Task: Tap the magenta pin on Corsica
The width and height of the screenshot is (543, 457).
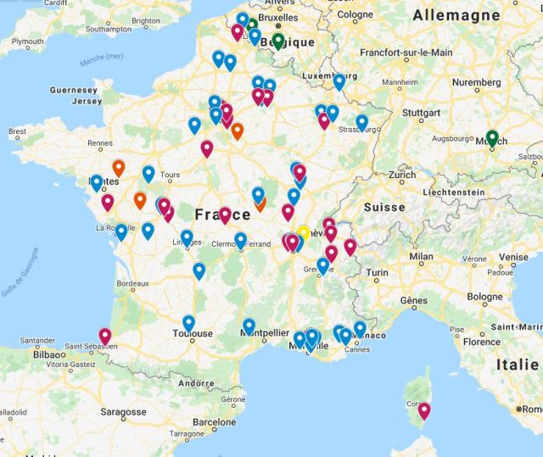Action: (424, 410)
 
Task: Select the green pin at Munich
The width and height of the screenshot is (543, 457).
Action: (492, 137)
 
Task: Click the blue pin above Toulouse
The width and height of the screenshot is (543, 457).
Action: (188, 322)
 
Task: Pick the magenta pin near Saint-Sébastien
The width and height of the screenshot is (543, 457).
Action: (105, 335)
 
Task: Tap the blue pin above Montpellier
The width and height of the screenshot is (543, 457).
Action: (249, 325)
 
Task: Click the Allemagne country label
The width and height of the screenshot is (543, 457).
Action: (456, 15)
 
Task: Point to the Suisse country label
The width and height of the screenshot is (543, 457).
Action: (385, 207)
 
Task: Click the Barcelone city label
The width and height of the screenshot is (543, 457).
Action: (215, 421)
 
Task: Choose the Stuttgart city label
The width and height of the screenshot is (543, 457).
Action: (421, 111)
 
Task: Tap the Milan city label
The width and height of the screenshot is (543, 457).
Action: (421, 256)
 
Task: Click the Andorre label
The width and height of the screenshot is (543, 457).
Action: (198, 383)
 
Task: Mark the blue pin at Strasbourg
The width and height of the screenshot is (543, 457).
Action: (361, 122)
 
